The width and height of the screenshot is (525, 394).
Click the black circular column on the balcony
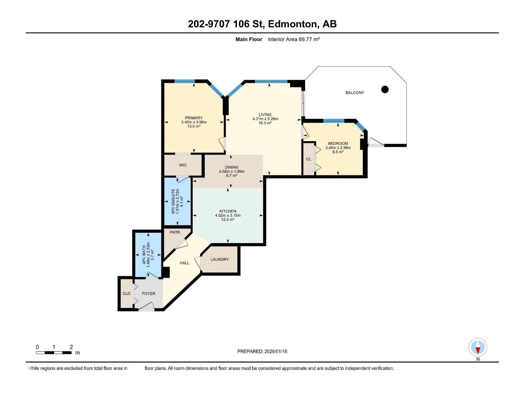(x=385, y=89)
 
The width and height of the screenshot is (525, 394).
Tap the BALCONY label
(x=355, y=93)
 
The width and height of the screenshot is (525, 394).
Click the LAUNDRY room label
(x=220, y=259)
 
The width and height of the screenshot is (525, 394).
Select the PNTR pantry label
(x=175, y=232)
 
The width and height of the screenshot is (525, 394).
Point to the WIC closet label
(x=183, y=165)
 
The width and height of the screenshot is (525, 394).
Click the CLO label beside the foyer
(x=126, y=294)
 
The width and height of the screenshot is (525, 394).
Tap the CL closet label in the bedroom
(x=308, y=159)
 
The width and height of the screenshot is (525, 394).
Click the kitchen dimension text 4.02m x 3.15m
(x=228, y=215)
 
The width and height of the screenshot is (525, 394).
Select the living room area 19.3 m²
(x=265, y=123)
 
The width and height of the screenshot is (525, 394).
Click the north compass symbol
(x=478, y=348)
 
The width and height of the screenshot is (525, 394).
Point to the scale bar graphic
(x=54, y=353)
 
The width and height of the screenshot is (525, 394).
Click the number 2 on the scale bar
(x=71, y=347)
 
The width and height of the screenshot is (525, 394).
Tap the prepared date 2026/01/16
(x=275, y=351)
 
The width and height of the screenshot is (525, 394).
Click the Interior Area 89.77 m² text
(x=294, y=39)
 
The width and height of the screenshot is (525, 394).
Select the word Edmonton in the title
(x=293, y=24)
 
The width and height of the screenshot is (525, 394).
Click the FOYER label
(x=148, y=294)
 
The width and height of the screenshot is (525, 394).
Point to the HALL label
(x=184, y=263)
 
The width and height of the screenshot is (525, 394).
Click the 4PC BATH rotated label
(x=144, y=254)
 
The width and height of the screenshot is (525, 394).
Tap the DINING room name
(x=232, y=167)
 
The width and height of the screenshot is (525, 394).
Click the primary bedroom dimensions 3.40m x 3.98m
(x=194, y=122)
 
